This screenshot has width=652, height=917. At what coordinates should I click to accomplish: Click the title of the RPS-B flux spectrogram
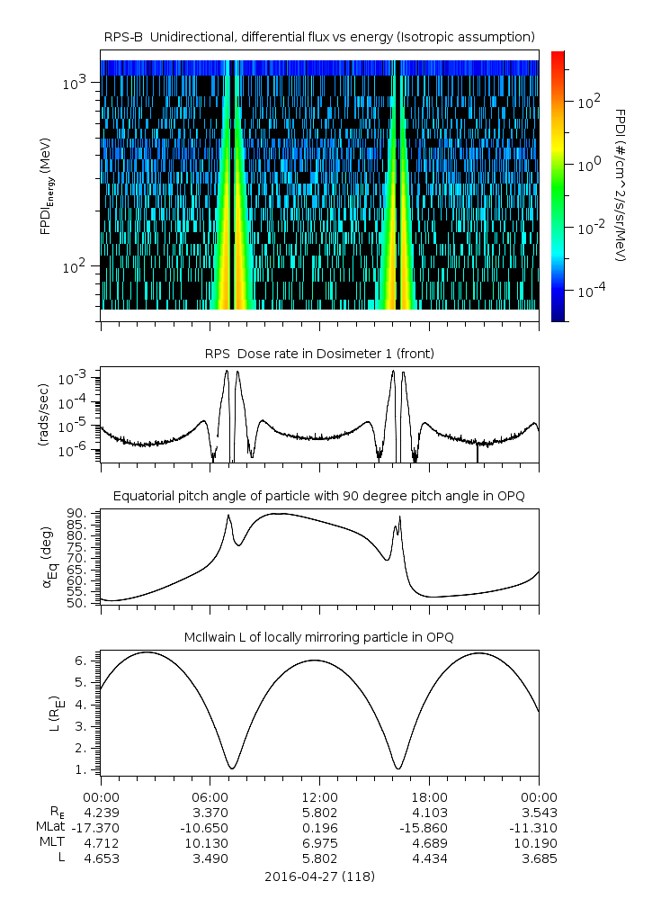tap(319, 36)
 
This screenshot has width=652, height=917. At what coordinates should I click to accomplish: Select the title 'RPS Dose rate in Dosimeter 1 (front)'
tap(319, 354)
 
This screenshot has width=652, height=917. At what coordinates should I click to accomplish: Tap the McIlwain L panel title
tap(319, 637)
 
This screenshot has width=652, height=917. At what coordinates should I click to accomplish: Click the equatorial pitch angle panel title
tap(319, 496)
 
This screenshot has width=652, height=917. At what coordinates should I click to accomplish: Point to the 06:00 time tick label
tap(210, 796)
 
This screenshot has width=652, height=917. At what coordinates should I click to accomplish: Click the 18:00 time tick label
tap(429, 796)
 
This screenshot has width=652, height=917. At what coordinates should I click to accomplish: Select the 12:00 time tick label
tap(319, 796)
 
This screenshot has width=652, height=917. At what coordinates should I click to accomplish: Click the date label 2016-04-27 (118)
tap(319, 876)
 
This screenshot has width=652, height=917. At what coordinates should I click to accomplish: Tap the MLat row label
tap(49, 827)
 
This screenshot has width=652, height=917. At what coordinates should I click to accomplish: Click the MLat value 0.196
tap(319, 827)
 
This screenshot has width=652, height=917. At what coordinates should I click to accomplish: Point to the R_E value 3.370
tap(210, 812)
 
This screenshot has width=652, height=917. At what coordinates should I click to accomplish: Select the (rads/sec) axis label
tap(42, 412)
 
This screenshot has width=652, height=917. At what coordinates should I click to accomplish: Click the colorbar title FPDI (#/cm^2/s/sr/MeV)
tap(620, 185)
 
